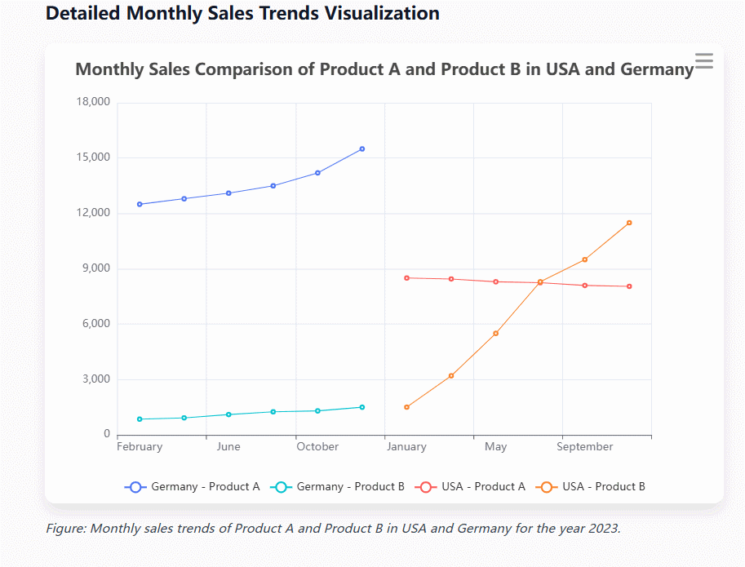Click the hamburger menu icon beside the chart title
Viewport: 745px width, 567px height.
703,60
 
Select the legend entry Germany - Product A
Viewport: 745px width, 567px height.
193,486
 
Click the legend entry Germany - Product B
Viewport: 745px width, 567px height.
339,486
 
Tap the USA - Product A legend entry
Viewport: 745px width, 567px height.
472,486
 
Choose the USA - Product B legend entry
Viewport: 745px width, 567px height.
591,486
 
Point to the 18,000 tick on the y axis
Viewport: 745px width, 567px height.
92,102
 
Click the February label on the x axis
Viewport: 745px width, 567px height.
140,447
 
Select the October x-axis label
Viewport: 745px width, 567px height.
317,447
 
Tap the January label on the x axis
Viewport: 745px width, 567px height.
406,447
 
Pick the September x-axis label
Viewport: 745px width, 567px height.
585,447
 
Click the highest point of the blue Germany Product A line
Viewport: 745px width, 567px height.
362,149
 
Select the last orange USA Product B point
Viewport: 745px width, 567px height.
629,223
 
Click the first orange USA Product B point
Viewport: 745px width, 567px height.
407,407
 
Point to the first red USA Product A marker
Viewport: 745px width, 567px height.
407,278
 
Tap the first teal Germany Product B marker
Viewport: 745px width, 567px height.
140,419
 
